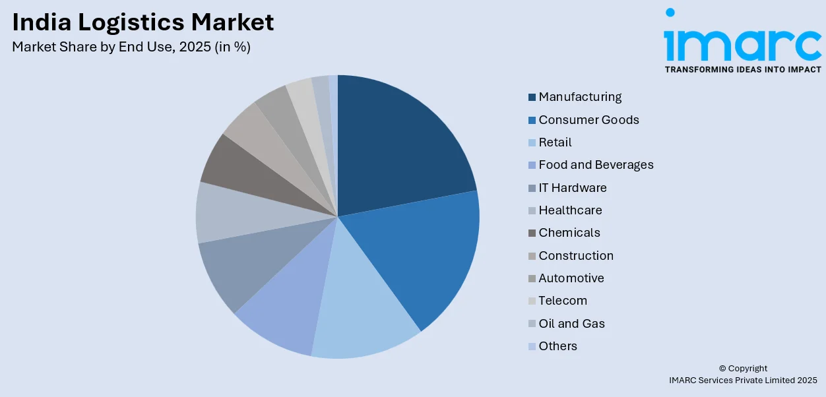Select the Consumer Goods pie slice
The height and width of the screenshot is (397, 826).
click(x=416, y=257)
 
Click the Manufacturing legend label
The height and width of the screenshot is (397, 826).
click(x=580, y=97)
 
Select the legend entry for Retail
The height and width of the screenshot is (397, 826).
click(x=555, y=142)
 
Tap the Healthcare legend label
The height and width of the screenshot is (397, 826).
click(x=570, y=210)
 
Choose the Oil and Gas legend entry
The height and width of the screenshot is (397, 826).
click(x=571, y=324)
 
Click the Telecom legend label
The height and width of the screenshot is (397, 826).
click(x=562, y=301)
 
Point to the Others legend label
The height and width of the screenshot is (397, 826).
click(x=557, y=346)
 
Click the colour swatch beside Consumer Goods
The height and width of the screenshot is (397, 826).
click(x=532, y=120)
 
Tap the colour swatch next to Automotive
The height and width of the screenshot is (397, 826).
click(x=532, y=278)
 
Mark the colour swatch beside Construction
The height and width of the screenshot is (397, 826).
click(x=532, y=256)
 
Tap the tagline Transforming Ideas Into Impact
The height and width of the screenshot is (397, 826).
click(x=743, y=69)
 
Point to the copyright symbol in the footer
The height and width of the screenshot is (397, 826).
click(x=722, y=369)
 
